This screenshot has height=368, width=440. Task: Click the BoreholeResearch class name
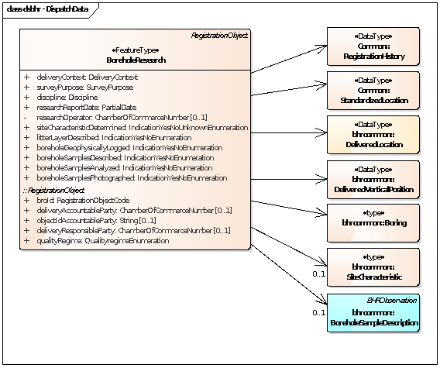tap(135, 60)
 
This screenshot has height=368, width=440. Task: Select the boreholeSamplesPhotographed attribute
tap(131, 178)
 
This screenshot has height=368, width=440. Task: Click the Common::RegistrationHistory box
tap(373, 46)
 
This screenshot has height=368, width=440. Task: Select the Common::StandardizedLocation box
tap(373, 91)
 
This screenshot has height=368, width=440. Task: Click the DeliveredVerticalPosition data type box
tap(373, 180)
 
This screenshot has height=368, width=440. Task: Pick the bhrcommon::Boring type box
tap(373, 222)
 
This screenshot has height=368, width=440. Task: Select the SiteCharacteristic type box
tap(373, 267)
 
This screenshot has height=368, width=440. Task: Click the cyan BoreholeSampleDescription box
tap(373, 313)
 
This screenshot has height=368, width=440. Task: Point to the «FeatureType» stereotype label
tap(135, 50)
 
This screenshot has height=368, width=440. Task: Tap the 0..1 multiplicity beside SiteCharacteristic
tap(318, 274)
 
